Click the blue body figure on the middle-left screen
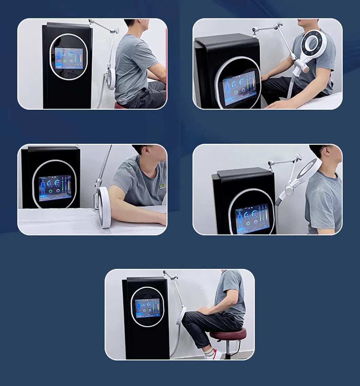click(x=43, y=188)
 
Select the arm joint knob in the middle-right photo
click(x=298, y=158)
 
